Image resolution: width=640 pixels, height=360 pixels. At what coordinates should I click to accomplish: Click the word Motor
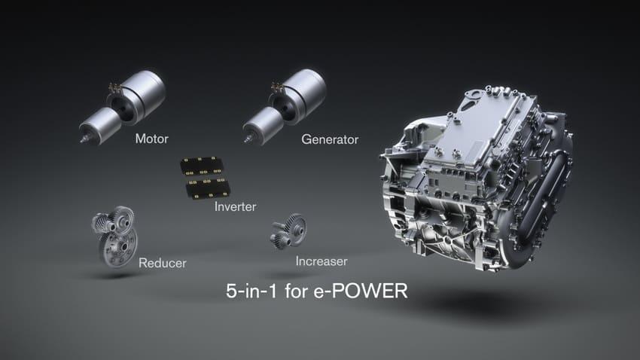pos(151,139)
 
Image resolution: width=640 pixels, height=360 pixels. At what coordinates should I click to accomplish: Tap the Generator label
pos(330,139)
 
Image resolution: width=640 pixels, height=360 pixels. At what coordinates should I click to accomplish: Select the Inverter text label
pos(235,206)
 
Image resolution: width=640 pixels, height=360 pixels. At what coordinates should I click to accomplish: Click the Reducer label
pos(162,263)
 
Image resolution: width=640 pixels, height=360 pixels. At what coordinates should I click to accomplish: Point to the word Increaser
pos(322,261)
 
